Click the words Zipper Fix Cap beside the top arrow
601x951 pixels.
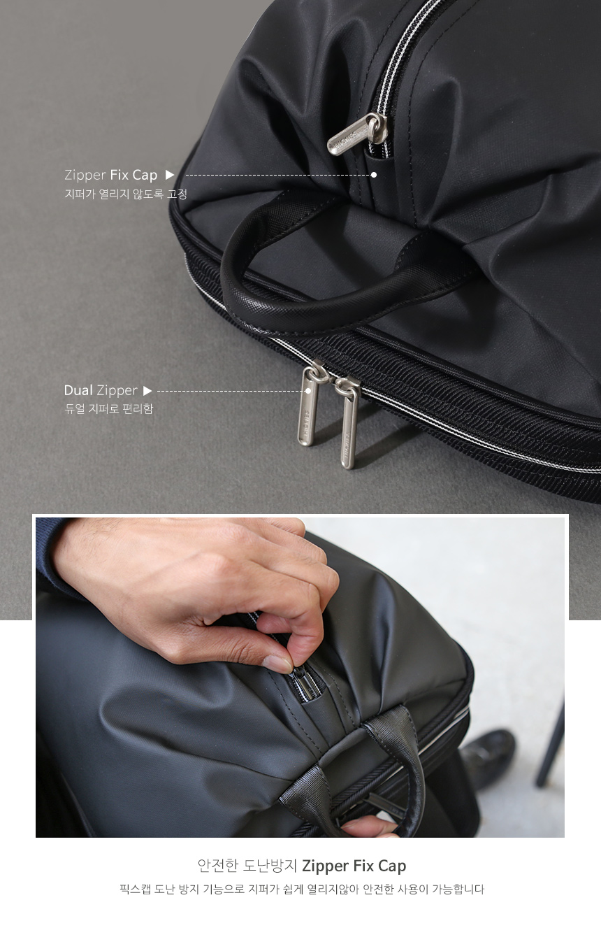pos(111,175)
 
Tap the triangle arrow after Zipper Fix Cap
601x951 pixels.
pos(170,175)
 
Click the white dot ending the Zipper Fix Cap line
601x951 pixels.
pos(373,175)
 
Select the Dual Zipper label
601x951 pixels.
pos(101,390)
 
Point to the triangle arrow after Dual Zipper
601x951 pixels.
pos(147,391)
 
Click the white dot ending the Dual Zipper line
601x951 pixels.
pos(309,391)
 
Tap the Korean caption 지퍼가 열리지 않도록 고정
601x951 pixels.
pos(126,194)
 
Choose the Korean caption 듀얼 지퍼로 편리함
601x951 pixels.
pos(108,408)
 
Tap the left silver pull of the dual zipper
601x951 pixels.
pos(309,405)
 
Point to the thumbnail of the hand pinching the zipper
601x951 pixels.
pos(300,677)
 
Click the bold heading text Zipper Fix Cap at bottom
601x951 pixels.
pos(354,866)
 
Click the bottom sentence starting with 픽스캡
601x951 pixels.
pos(302,889)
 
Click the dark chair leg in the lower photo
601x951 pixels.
pos(551,743)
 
